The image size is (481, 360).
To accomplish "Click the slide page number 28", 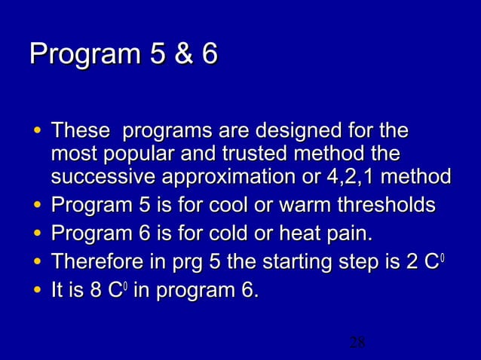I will click(357, 343).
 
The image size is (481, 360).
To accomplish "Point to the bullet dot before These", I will click(37, 133).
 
